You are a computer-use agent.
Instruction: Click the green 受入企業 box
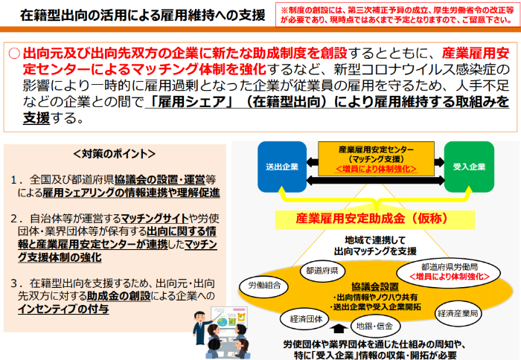click(469, 166)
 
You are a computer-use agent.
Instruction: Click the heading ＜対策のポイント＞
click(115, 155)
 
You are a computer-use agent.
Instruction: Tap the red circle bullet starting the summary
click(14, 54)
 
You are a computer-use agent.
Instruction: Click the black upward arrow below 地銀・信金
click(340, 328)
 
